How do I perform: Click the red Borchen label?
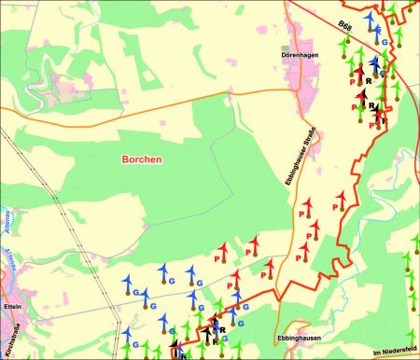[x=142, y=159]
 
